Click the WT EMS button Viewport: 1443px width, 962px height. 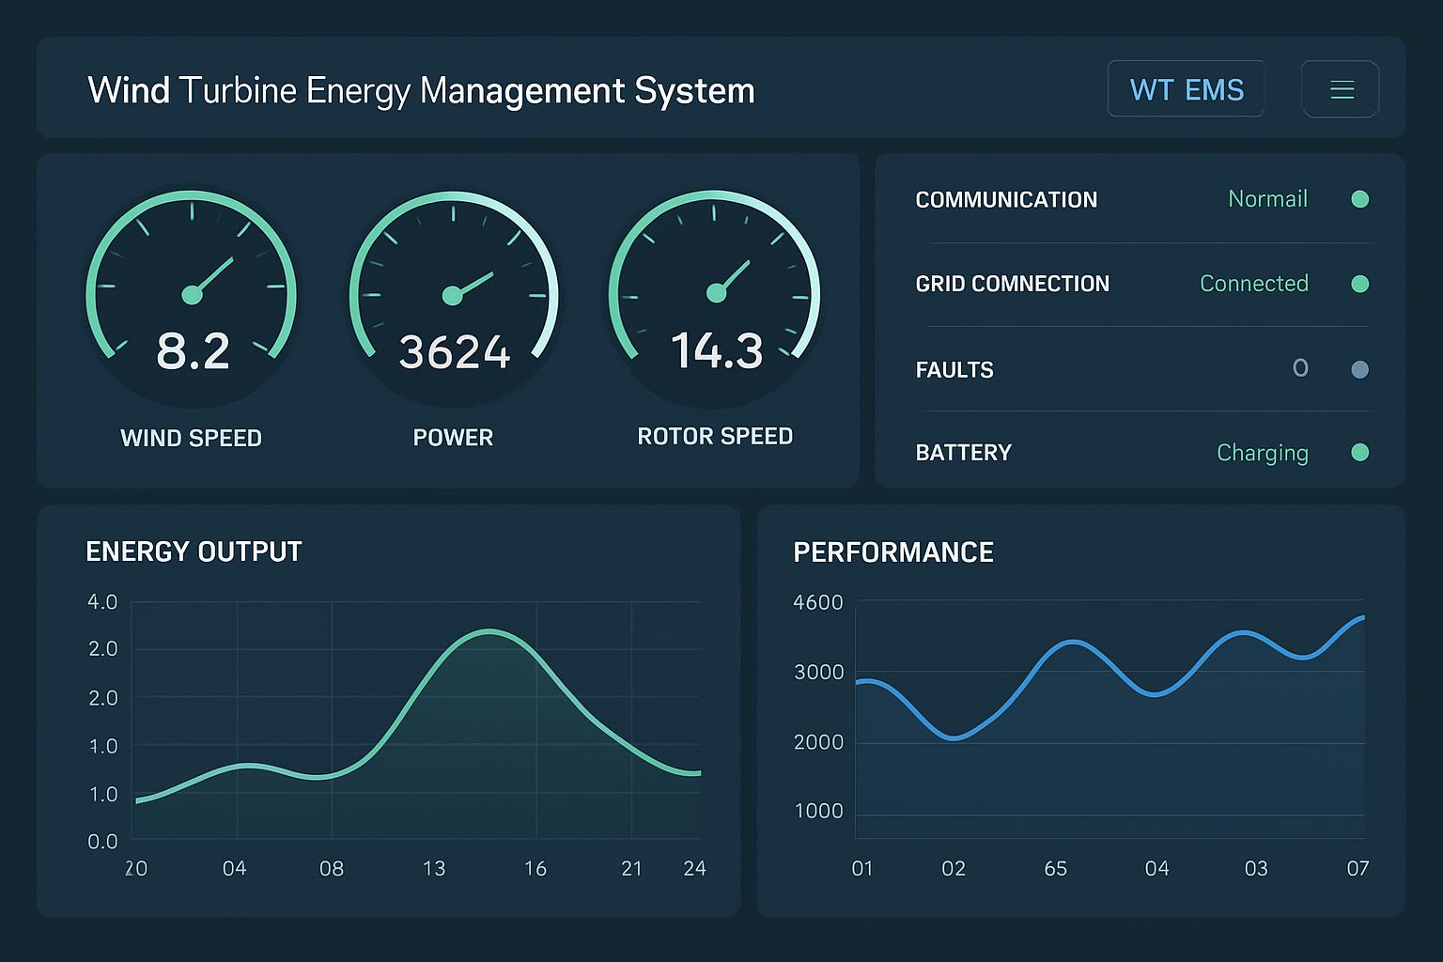pos(1186,89)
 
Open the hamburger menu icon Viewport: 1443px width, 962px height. pos(1342,89)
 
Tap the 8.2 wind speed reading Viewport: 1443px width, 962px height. pos(193,351)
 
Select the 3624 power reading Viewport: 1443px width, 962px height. pos(454,352)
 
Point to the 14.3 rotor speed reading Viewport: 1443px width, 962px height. pos(716,350)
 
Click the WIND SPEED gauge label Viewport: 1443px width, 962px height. pos(191,438)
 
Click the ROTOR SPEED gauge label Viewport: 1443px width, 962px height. pos(715,436)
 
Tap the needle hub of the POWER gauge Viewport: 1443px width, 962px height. pos(452,296)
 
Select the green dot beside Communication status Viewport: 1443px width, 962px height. pos(1359,199)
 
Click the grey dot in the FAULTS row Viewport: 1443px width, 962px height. pos(1359,369)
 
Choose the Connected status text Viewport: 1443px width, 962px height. pos(1253,284)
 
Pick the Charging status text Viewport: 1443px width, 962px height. pos(1262,453)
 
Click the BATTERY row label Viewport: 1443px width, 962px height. pos(963,453)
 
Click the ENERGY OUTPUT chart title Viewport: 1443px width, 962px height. pos(194,551)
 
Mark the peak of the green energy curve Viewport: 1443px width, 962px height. pos(489,630)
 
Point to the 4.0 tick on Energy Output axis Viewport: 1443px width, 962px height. pos(102,601)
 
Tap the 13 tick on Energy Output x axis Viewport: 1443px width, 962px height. pos(434,868)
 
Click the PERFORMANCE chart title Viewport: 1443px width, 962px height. pos(893,552)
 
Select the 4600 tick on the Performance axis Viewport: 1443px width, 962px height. pos(818,602)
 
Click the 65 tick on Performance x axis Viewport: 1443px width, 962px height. pos(1055,868)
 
